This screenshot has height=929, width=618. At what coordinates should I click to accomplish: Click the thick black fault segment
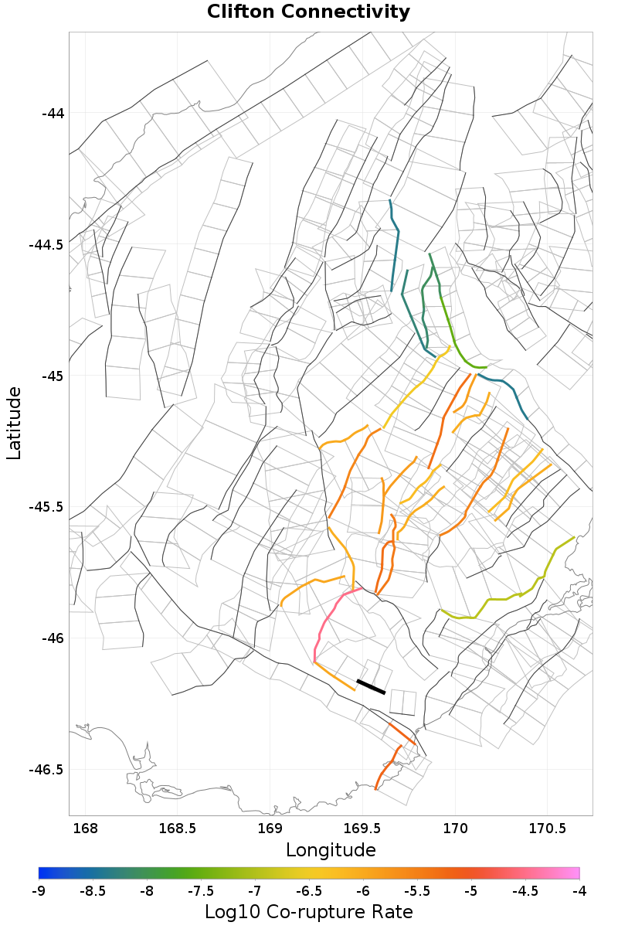(x=371, y=687)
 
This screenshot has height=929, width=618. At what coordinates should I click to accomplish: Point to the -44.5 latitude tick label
(x=47, y=245)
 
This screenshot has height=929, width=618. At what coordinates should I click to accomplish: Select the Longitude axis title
(x=331, y=850)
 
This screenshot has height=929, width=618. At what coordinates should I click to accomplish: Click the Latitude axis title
(x=14, y=424)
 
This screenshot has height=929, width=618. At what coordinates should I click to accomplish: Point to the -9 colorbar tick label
(x=39, y=891)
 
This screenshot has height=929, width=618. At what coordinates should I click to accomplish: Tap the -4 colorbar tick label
(x=579, y=891)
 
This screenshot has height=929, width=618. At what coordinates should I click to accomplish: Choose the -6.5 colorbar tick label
(x=309, y=891)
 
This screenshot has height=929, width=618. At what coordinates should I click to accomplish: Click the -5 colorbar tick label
(x=471, y=891)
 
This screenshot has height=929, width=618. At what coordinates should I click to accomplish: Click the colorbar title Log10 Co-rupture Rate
(x=309, y=912)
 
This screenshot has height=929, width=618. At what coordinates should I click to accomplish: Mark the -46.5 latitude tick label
(x=47, y=770)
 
